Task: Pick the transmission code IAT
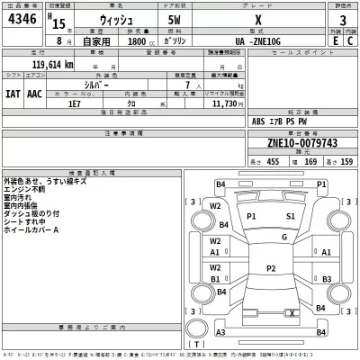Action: pos(13,94)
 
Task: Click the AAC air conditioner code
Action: pos(35,94)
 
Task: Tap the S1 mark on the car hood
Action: pos(291,217)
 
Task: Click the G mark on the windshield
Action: pos(283,237)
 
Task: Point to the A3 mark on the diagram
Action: pos(220,333)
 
